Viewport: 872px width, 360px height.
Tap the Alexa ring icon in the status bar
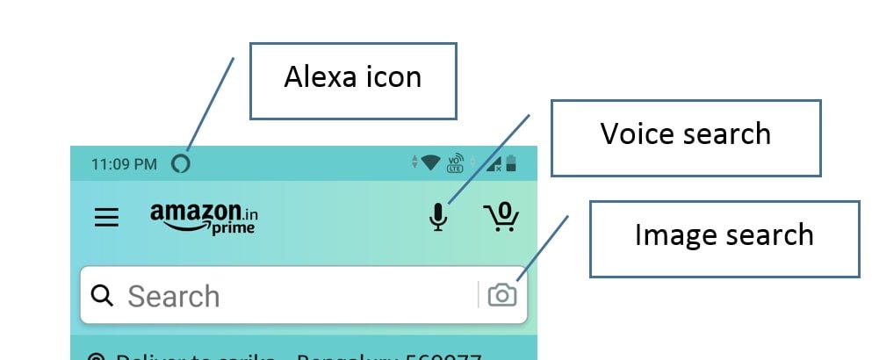[x=180, y=163]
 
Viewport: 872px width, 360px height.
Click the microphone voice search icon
[x=438, y=216]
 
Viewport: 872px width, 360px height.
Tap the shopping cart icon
[x=501, y=217]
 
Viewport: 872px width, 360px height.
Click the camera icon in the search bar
[x=502, y=295]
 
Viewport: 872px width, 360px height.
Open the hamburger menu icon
[x=106, y=217]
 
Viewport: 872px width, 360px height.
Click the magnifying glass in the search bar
[x=103, y=296]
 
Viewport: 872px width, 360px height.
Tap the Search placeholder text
[x=173, y=297]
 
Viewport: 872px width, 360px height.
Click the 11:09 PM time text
[x=124, y=164]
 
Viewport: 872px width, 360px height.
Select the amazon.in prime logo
[x=204, y=218]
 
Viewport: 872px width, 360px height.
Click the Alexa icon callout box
[x=352, y=80]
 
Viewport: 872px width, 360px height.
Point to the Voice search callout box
[x=685, y=137]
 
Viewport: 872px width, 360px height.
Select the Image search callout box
[x=724, y=238]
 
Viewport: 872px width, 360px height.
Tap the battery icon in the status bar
[x=511, y=162]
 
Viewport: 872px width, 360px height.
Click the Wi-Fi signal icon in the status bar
[x=429, y=162]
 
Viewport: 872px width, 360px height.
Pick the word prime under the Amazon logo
[x=233, y=228]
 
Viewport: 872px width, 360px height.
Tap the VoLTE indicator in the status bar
[x=455, y=162]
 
